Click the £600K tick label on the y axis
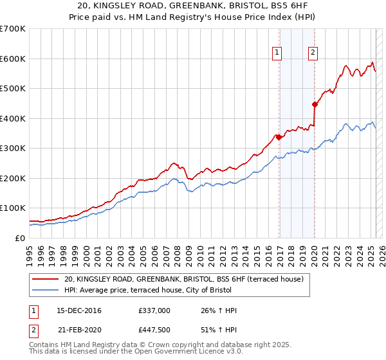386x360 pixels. coord(13,59)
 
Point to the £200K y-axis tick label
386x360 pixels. coord(13,178)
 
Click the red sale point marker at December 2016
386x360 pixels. coord(279,137)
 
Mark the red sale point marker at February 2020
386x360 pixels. coord(315,104)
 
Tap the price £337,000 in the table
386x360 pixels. coord(154,310)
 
